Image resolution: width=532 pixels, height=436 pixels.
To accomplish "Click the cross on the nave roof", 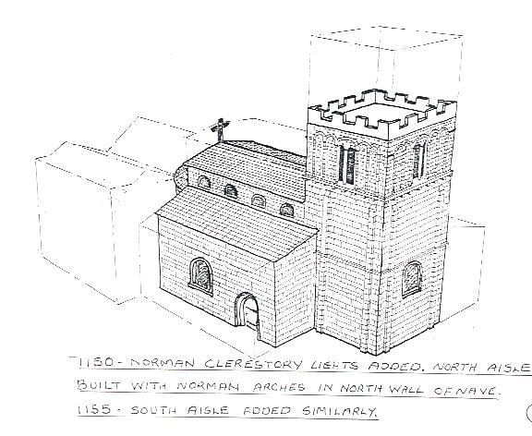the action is tap(220, 129).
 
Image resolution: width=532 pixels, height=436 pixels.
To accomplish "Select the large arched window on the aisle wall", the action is tap(201, 275).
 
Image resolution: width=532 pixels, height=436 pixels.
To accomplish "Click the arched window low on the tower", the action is tap(412, 279).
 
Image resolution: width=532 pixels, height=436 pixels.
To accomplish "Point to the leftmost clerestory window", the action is tap(204, 182).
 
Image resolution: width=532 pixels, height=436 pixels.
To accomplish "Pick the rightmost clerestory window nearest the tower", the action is tap(286, 210).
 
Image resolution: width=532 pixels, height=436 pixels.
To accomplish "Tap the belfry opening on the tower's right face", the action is tap(419, 161).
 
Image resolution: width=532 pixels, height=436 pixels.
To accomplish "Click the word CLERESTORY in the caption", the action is tap(253, 364).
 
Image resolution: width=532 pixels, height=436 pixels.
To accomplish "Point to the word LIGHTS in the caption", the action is tap(334, 365).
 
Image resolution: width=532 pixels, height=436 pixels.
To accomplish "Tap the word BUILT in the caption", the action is tap(99, 385).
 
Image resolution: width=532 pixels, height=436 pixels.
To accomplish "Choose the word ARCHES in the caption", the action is tap(279, 387).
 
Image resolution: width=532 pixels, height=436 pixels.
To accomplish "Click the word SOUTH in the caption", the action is tap(153, 410).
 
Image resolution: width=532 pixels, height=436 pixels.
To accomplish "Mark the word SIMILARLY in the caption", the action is tap(339, 411).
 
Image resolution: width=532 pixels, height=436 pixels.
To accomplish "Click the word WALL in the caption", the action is tap(405, 389).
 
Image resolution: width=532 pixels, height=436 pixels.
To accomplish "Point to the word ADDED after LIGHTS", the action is tap(394, 366).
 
